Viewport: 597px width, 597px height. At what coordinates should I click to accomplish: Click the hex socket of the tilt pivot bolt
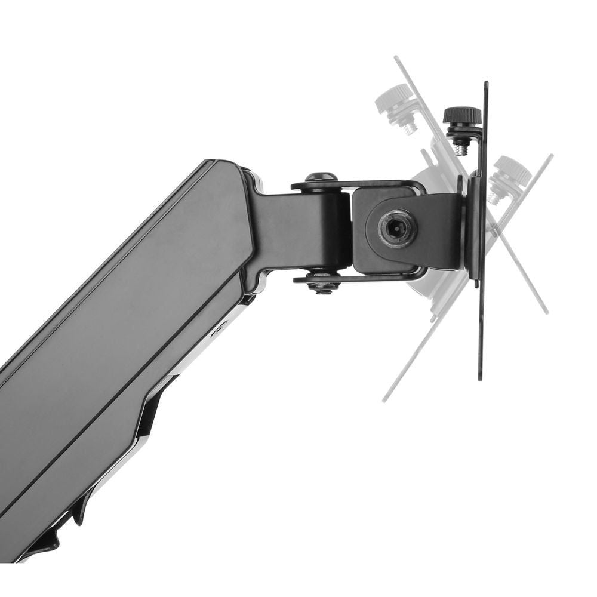click(398, 226)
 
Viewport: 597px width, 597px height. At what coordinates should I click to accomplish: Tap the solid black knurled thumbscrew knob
click(462, 114)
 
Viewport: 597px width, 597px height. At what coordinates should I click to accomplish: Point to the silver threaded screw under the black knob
click(460, 146)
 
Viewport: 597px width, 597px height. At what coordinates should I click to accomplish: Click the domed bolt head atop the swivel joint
click(321, 177)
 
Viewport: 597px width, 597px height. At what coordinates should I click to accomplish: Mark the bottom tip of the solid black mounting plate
click(481, 378)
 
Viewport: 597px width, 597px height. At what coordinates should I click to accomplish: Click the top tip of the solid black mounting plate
click(486, 84)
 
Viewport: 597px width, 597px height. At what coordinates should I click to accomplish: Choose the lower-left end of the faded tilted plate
click(386, 399)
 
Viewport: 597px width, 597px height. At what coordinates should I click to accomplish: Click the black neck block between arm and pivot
click(298, 230)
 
